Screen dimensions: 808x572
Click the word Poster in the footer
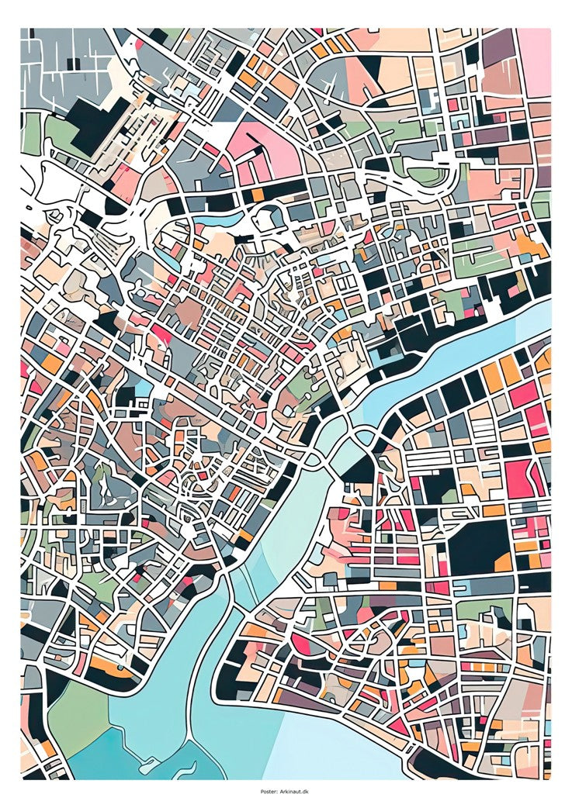(269, 792)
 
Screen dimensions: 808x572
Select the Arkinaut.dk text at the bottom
(295, 792)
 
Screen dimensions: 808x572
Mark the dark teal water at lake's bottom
(116, 764)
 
